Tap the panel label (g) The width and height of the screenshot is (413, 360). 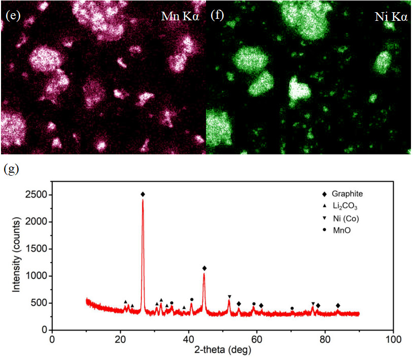click(x=11, y=169)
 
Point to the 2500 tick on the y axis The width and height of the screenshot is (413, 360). click(x=36, y=195)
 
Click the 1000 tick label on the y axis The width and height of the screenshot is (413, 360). click(x=36, y=276)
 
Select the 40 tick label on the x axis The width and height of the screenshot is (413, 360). click(x=188, y=339)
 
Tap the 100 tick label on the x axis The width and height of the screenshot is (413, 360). click(x=393, y=339)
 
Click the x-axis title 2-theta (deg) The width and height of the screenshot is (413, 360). click(x=222, y=350)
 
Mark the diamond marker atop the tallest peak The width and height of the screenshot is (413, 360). click(x=143, y=194)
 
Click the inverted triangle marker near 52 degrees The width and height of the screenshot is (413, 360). click(x=229, y=297)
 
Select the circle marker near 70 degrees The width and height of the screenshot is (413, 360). click(x=292, y=308)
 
